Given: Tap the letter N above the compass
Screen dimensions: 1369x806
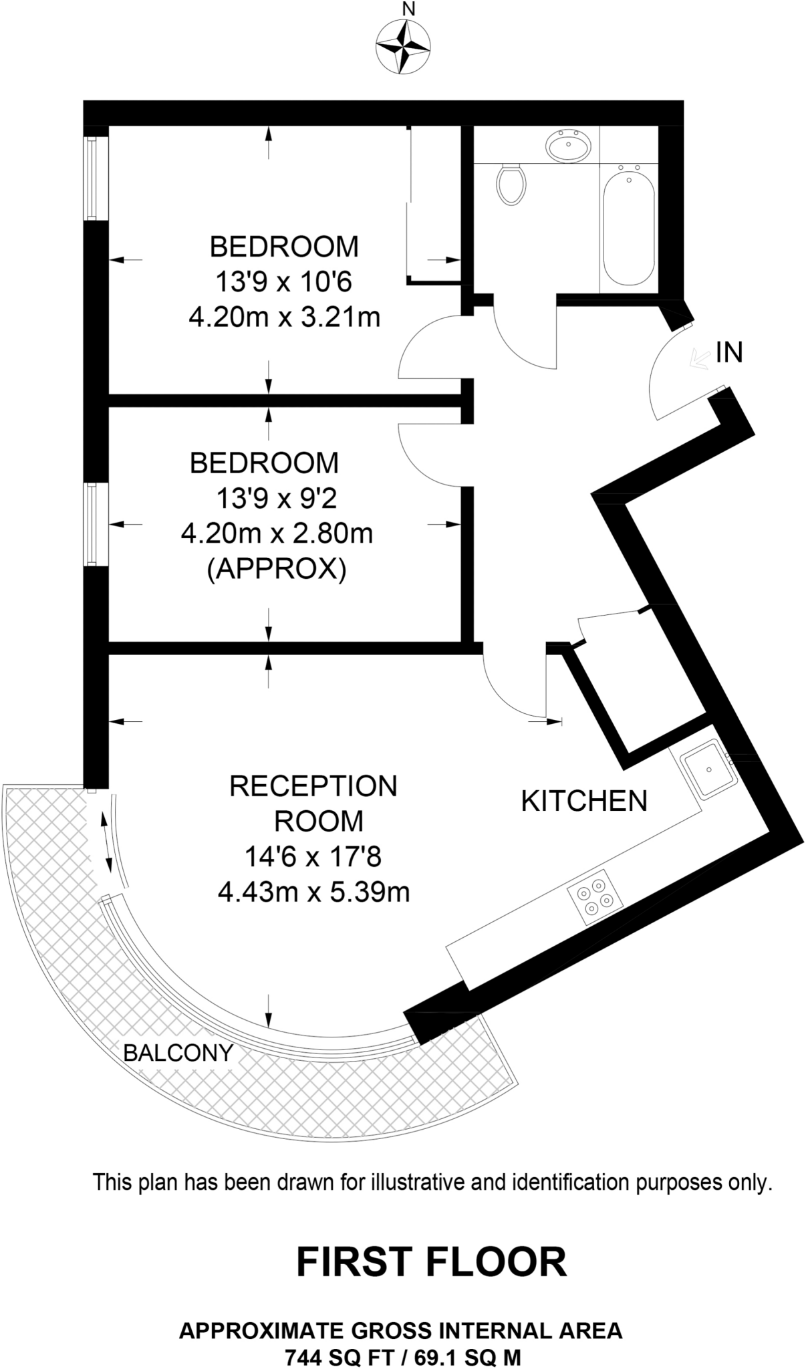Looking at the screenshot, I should click(x=408, y=9).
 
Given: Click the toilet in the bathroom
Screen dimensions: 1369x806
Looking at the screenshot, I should click(x=512, y=184).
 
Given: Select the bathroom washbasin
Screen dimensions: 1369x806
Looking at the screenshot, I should click(x=569, y=144).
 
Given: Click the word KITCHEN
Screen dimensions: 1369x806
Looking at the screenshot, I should click(x=583, y=801).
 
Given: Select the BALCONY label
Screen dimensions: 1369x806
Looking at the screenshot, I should click(x=178, y=1053).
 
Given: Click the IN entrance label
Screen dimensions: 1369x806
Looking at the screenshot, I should click(x=729, y=352).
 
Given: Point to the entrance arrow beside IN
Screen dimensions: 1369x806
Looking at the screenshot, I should click(x=699, y=359).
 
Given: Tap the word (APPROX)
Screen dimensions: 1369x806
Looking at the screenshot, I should click(x=277, y=570).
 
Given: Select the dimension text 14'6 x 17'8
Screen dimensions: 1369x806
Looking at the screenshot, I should click(x=313, y=856).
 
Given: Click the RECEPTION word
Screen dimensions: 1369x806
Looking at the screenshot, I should click(x=313, y=786).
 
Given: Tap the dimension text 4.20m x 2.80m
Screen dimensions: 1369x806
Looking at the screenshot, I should click(x=277, y=533).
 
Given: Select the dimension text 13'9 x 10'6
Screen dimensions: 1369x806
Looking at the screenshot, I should click(x=283, y=281).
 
